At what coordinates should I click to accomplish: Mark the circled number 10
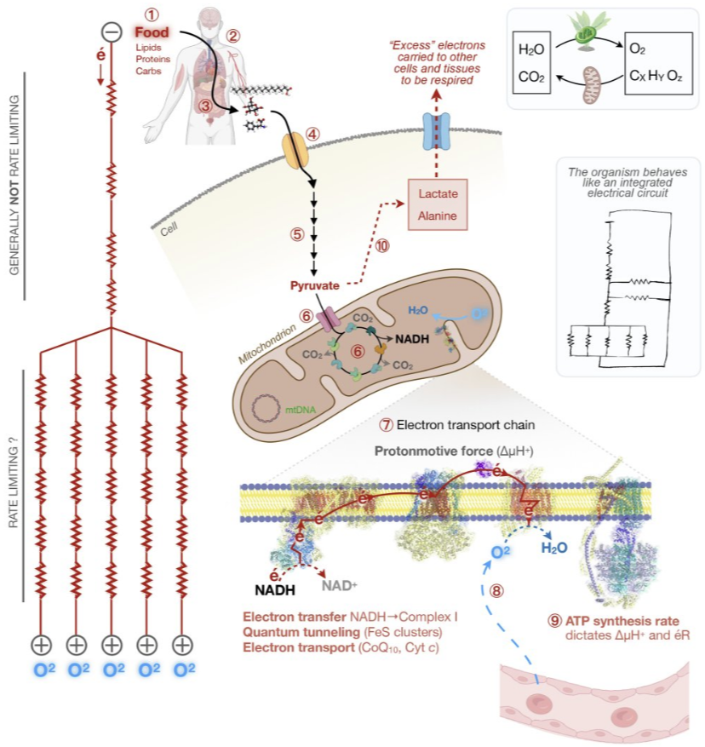coord(381,245)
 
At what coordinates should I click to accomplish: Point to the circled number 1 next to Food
coord(152,13)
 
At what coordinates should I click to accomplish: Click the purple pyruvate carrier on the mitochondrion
coord(327,317)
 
